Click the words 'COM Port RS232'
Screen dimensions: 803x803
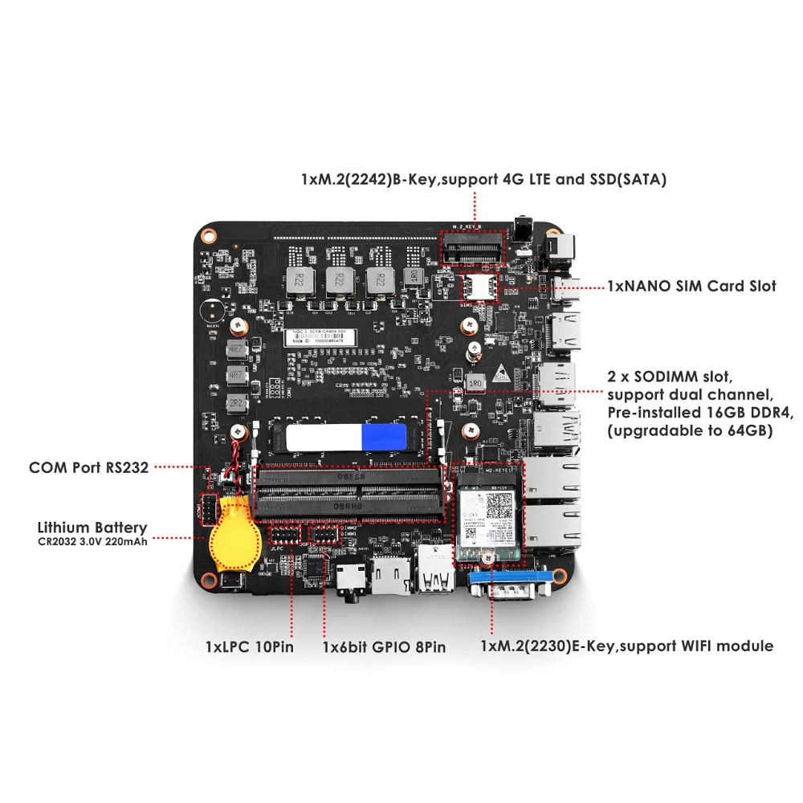tap(88, 467)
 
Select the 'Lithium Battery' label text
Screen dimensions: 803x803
tap(92, 528)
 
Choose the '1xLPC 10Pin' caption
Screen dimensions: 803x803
tap(248, 646)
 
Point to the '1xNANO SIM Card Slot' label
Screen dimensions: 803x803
tap(691, 286)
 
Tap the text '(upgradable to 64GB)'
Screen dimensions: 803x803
tap(690, 431)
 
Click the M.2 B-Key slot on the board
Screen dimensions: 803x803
tap(473, 250)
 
